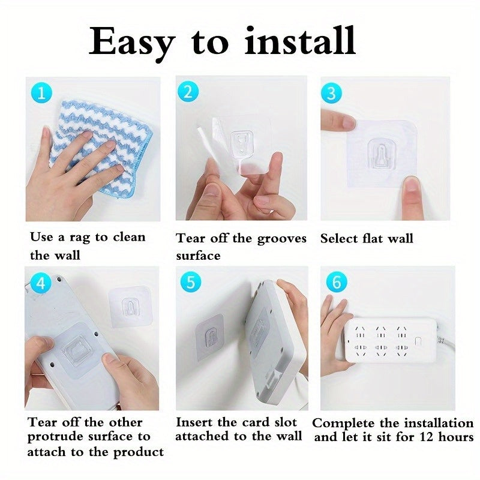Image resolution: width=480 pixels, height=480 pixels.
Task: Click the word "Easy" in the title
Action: (x=133, y=42)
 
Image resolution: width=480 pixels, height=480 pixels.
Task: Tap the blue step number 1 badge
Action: (x=40, y=93)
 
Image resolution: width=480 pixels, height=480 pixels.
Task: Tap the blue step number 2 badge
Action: (x=188, y=92)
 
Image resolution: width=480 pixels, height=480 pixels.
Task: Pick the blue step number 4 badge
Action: (x=40, y=283)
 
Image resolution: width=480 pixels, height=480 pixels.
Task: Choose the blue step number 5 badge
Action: (x=190, y=282)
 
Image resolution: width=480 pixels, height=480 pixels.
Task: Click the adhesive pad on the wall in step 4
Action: (x=128, y=305)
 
